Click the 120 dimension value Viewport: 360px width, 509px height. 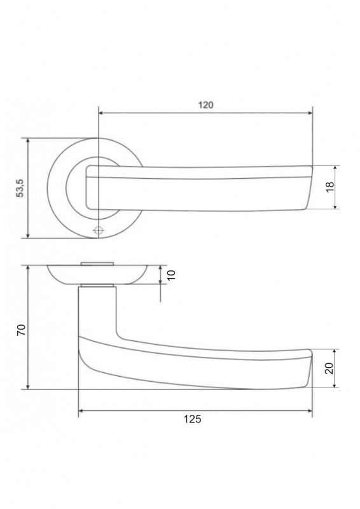click(x=206, y=105)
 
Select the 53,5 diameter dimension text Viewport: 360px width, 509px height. click(x=20, y=188)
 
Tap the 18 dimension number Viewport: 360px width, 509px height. click(x=330, y=187)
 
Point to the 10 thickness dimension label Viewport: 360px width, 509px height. click(x=171, y=275)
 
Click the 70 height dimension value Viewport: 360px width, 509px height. click(x=21, y=330)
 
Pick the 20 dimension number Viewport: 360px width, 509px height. click(x=329, y=368)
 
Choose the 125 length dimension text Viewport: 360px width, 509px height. click(x=193, y=419)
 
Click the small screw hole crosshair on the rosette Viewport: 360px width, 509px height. click(x=99, y=230)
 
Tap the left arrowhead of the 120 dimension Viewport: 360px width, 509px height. click(x=100, y=113)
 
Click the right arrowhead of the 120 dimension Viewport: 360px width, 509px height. click(x=310, y=113)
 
